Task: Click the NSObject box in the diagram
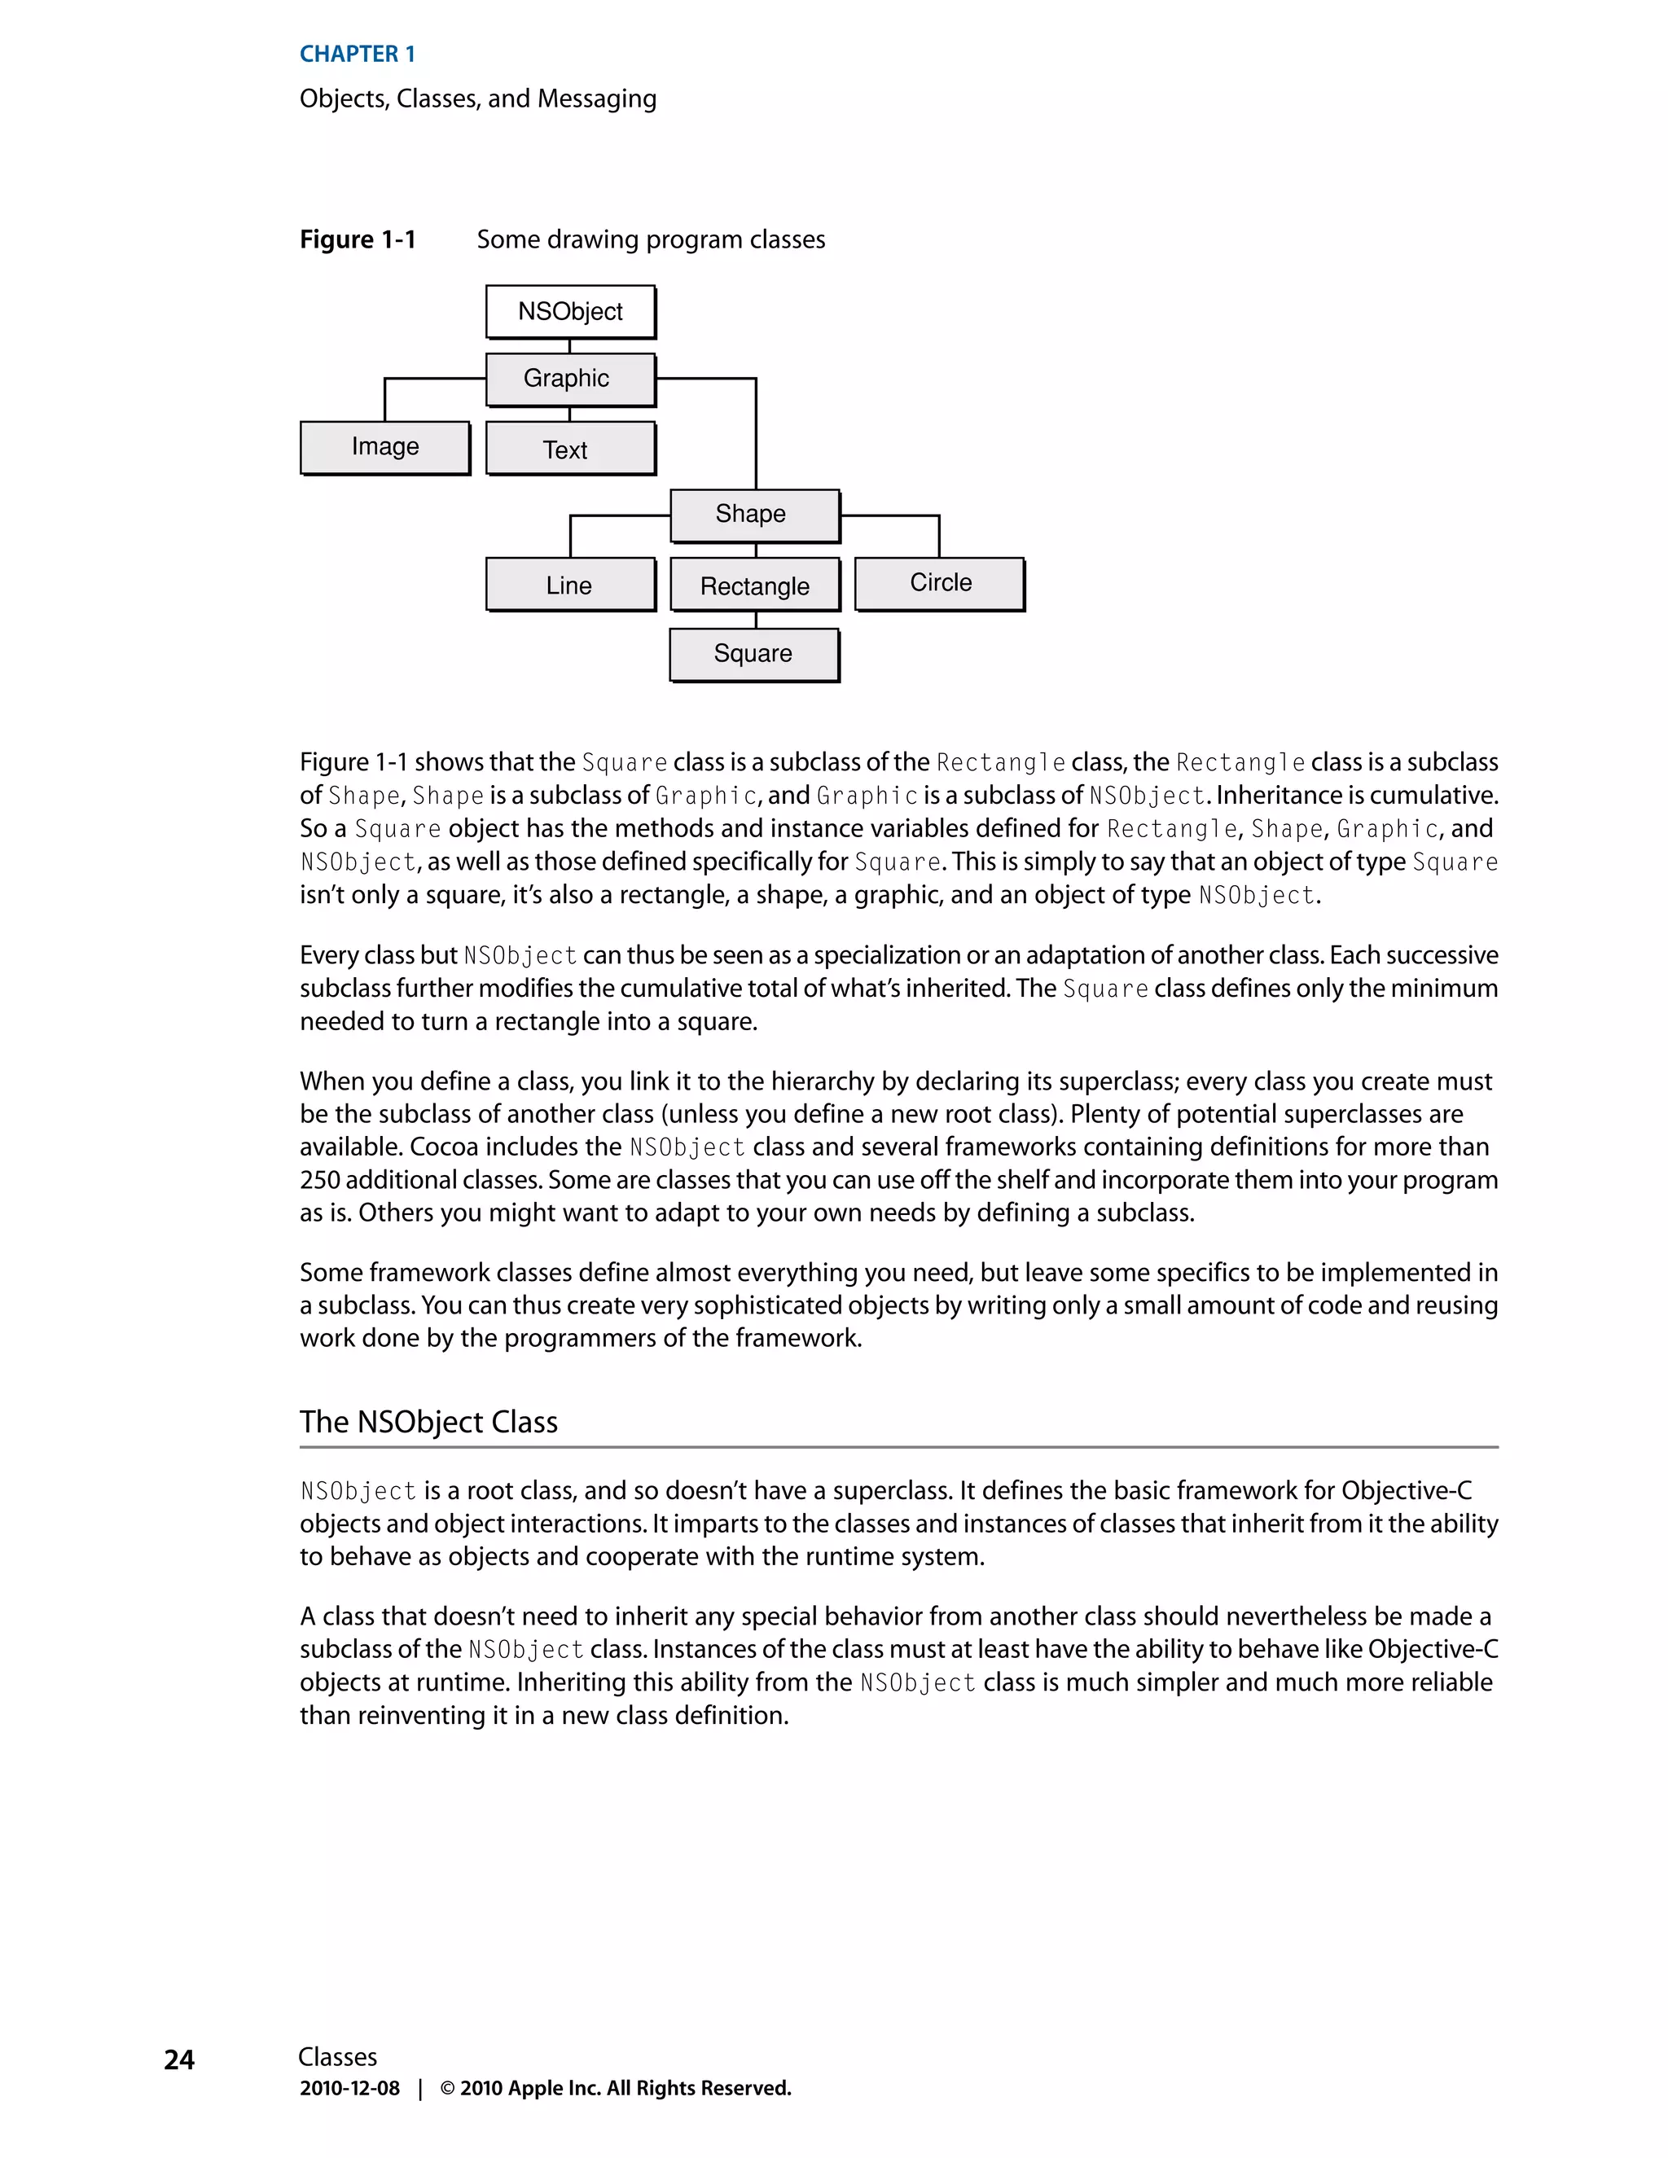570,311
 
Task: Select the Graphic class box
570,379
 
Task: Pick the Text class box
570,449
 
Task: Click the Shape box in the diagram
754,515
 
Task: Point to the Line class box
570,584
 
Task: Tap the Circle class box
939,583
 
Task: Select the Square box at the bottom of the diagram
754,653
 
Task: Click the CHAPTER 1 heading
357,55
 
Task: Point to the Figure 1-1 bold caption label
358,239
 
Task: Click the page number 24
179,2059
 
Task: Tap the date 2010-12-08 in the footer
349,2088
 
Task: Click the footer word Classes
337,2057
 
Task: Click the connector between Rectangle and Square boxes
756,620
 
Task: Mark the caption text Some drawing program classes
650,239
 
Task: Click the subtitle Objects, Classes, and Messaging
477,99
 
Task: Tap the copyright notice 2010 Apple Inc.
616,2088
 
